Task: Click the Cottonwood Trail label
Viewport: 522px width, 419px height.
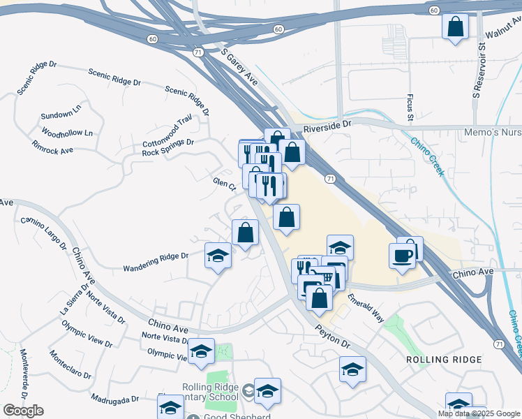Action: pos(167,131)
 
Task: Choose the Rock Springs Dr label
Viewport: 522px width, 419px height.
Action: pos(167,147)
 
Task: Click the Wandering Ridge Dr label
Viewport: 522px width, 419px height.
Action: pos(156,262)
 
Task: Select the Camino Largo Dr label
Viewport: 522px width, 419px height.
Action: pos(43,233)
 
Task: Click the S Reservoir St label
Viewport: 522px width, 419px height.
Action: pos(480,77)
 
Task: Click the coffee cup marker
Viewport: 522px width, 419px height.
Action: pos(403,256)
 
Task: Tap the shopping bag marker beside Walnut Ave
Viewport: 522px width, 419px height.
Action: pos(455,28)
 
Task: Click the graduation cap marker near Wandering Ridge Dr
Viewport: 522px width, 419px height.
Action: pos(218,256)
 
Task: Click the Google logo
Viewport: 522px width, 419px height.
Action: pos(23,411)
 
